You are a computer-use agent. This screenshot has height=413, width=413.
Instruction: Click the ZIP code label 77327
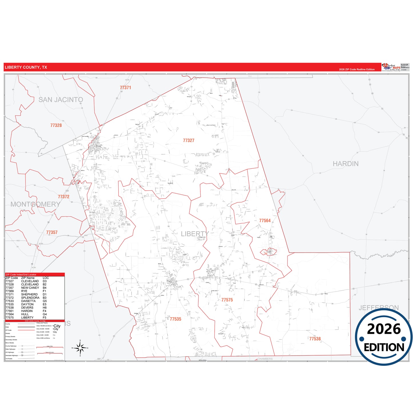click(189, 140)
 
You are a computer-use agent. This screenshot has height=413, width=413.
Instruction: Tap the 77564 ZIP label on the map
click(265, 221)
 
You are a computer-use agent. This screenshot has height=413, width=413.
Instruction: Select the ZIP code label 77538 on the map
click(315, 339)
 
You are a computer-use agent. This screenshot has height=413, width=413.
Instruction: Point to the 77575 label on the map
click(227, 300)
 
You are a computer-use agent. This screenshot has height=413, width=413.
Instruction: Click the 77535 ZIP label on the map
click(175, 319)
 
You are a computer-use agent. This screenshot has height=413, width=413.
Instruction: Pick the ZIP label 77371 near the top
click(125, 88)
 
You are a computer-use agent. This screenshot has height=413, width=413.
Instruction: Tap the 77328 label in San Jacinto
click(56, 125)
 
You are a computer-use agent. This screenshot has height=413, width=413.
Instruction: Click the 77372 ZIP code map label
click(63, 197)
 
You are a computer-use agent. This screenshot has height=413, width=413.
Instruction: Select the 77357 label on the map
click(52, 232)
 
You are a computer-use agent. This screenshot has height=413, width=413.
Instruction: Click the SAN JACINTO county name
click(61, 100)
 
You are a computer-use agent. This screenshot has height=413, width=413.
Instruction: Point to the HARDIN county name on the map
click(345, 164)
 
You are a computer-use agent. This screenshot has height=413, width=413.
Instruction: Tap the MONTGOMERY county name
click(35, 204)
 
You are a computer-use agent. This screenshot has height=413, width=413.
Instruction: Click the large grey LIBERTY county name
click(195, 234)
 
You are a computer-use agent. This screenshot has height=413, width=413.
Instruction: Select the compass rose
click(80, 348)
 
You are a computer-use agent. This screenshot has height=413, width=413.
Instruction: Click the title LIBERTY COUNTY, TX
click(26, 67)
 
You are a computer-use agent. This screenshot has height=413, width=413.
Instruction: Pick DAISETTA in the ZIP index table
click(28, 301)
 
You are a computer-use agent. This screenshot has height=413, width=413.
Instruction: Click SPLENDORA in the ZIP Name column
click(30, 298)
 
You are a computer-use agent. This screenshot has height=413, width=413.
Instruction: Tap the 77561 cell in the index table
click(9, 311)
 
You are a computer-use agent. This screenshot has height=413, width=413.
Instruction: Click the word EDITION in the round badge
click(384, 347)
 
